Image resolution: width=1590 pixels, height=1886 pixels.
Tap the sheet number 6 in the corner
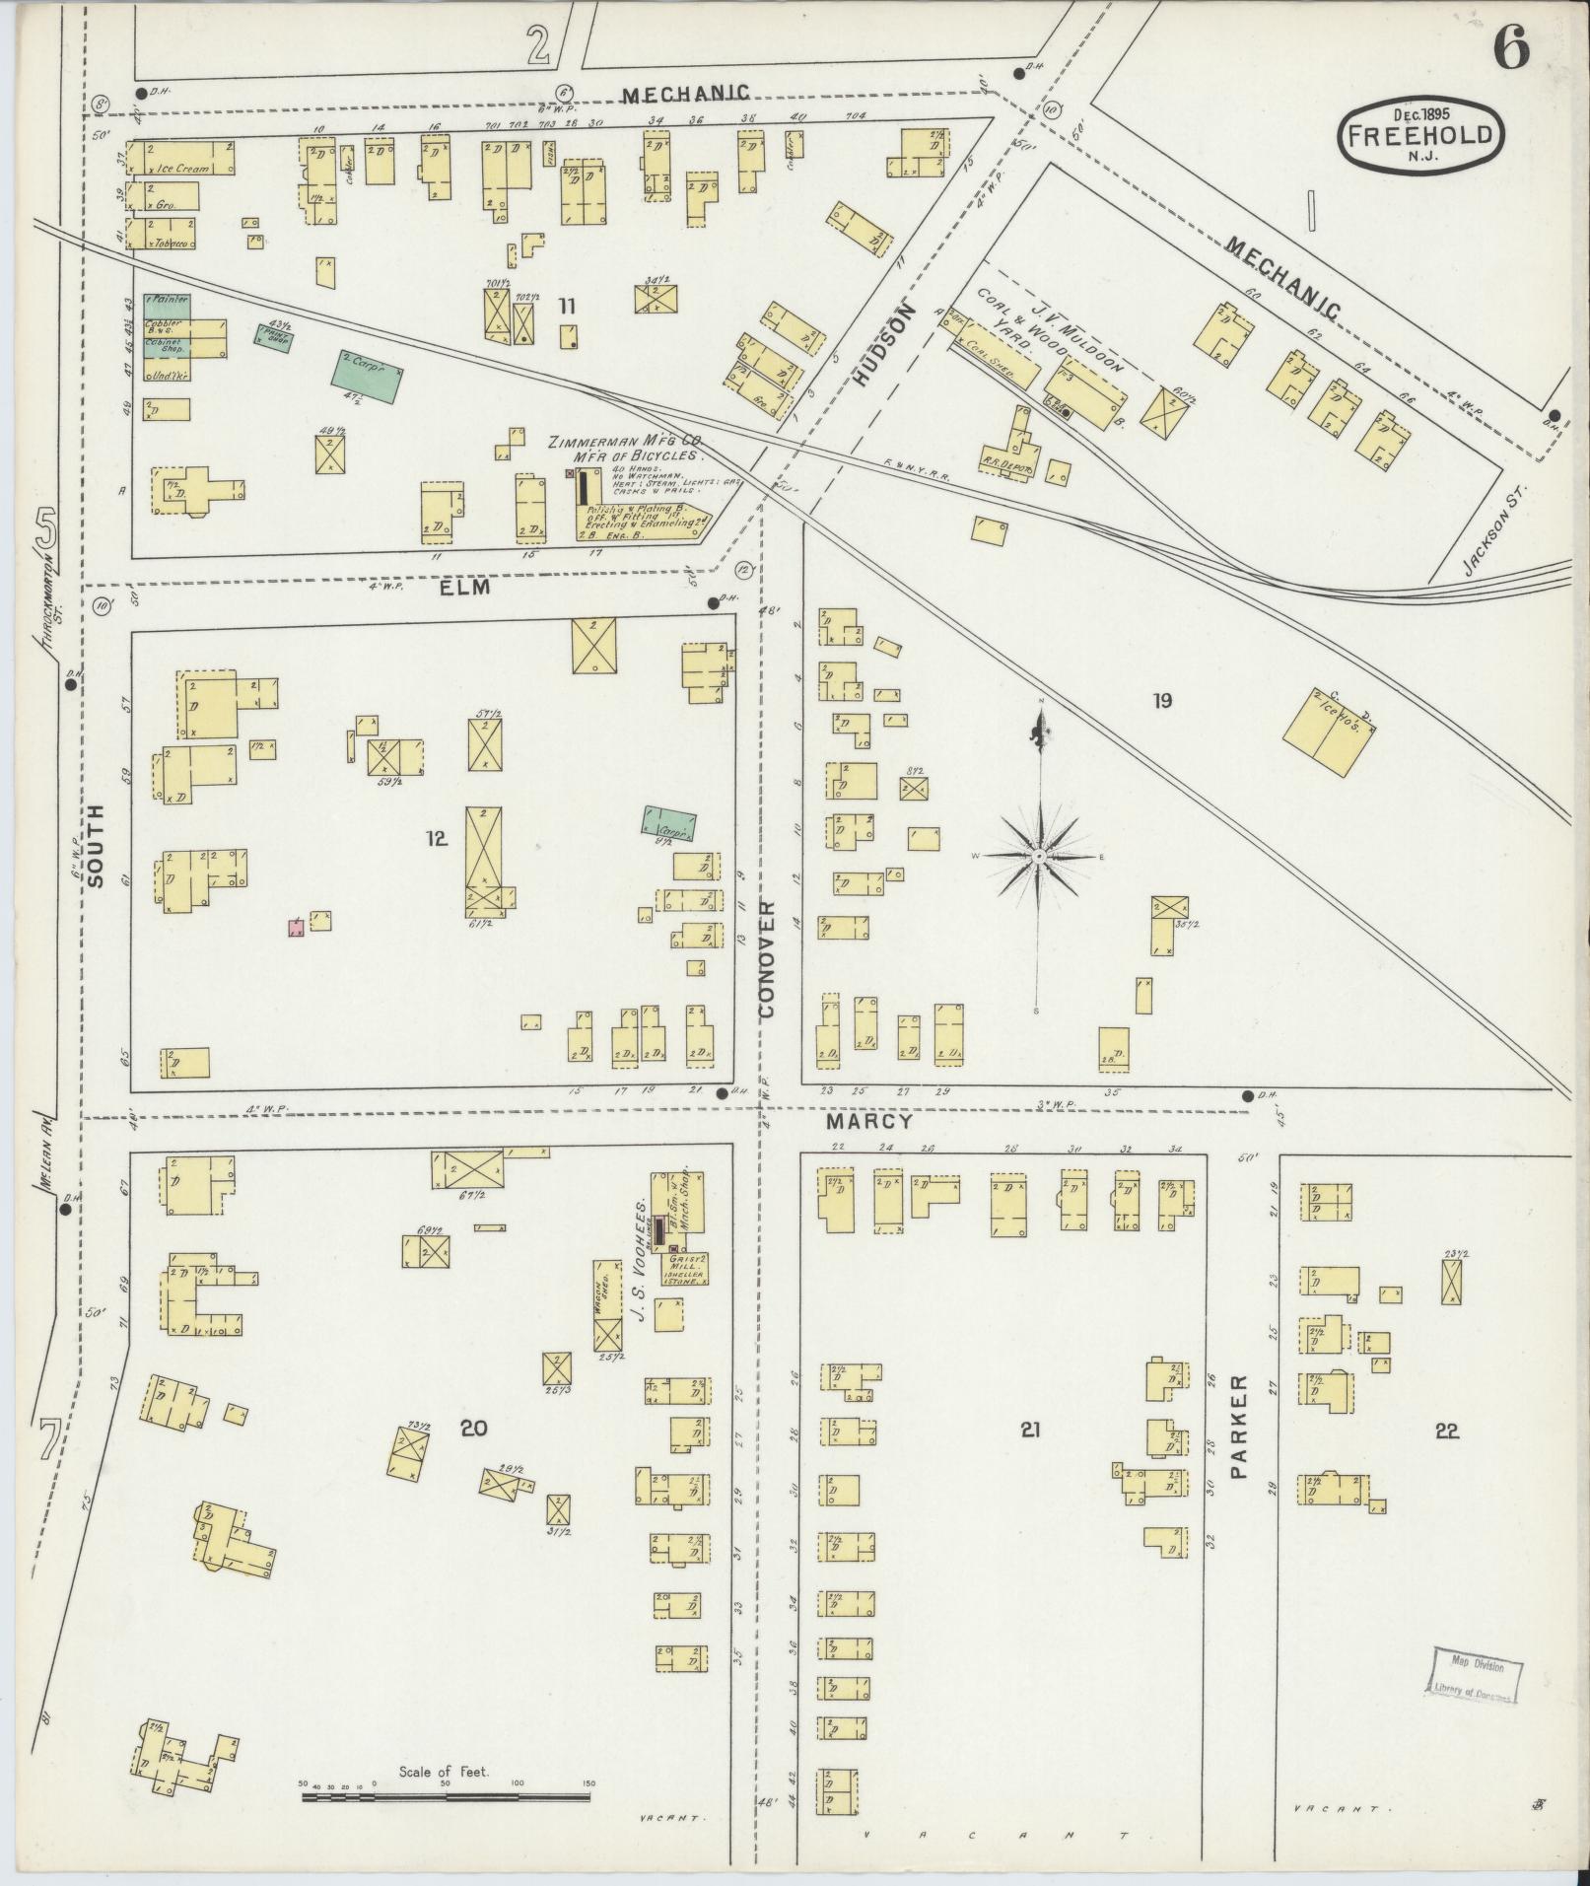click(x=1510, y=49)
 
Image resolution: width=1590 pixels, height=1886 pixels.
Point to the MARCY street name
click(x=869, y=1121)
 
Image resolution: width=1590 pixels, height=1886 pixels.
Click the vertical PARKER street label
click(x=1239, y=1440)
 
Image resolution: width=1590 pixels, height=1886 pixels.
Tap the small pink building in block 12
click(x=296, y=927)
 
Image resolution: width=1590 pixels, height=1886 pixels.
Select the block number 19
click(x=1163, y=701)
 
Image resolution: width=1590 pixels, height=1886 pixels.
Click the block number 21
click(x=1030, y=1429)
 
